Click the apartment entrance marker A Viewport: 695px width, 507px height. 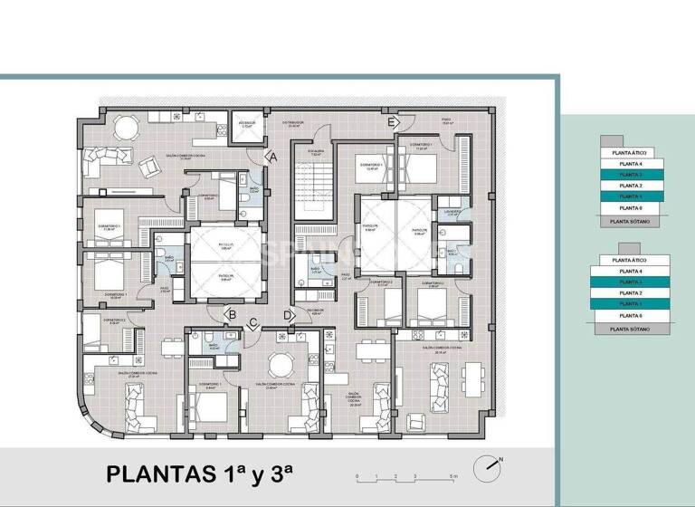tap(271, 157)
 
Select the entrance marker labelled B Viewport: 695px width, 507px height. tap(232, 315)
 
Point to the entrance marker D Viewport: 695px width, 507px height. tap(288, 315)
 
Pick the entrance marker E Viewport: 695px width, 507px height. tap(392, 122)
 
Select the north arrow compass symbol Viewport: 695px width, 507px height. tap(491, 464)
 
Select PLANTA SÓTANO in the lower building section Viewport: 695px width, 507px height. tap(632, 330)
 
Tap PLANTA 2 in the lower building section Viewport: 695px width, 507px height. tap(632, 293)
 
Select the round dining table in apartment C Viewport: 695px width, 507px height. tap(282, 364)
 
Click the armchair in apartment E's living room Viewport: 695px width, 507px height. tap(417, 422)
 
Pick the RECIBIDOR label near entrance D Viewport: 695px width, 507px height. tap(315, 312)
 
